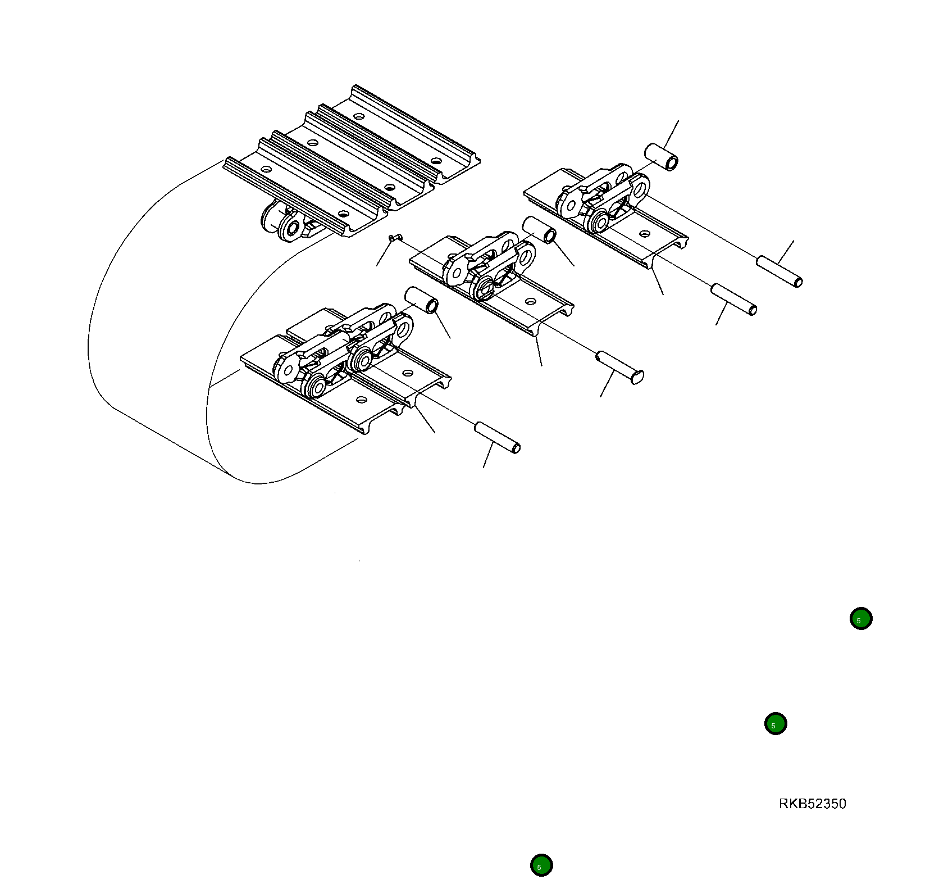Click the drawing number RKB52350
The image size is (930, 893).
pos(812,804)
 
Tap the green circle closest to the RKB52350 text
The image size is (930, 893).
pos(775,724)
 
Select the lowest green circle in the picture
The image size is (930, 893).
pos(541,865)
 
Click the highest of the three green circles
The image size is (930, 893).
pos(860,619)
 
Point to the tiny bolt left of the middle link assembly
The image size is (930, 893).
pos(394,238)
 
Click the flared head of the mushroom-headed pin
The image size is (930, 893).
pos(637,377)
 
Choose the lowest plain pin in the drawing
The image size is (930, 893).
pos(497,438)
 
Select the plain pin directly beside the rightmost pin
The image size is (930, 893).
pos(734,300)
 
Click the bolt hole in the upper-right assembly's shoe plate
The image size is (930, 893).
pos(645,233)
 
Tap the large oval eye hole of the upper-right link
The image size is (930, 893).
pos(638,188)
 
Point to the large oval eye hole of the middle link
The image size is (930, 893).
pos(525,257)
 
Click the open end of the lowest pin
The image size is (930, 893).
pos(516,448)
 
